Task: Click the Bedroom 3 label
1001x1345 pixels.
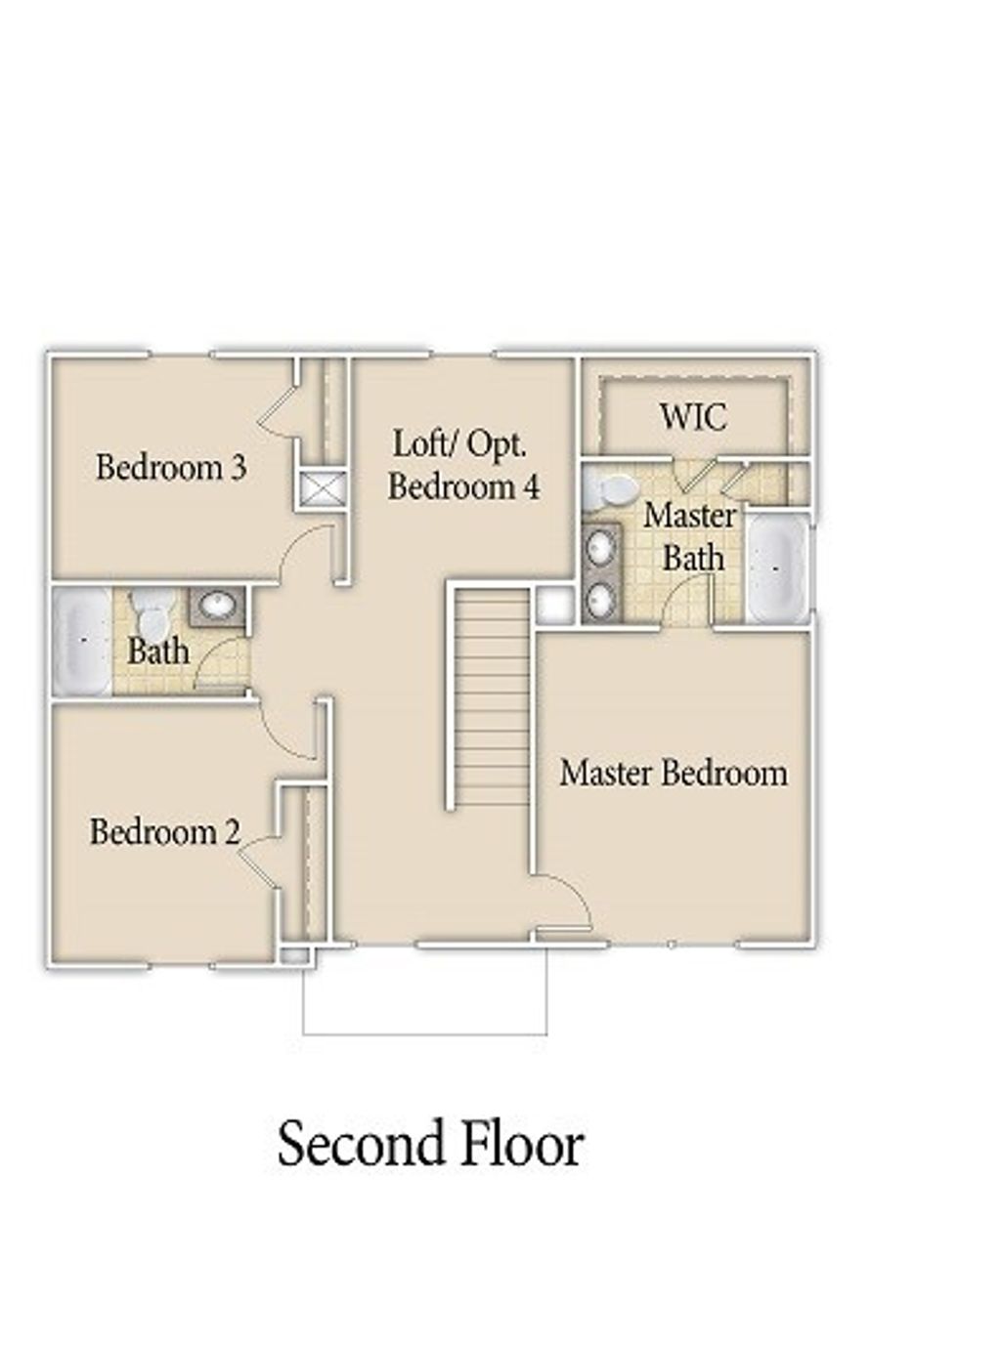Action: pos(171,468)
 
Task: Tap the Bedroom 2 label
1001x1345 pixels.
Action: pos(164,832)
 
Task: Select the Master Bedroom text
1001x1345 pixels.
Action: pos(674,773)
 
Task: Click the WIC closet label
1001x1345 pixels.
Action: pos(693,417)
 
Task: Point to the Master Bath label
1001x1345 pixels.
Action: pos(691,536)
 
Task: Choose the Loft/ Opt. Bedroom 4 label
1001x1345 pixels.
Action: pos(463,465)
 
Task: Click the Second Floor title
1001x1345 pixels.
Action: pos(430,1144)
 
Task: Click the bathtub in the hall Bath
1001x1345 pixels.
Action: pos(81,641)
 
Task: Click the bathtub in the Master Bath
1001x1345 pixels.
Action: pos(777,567)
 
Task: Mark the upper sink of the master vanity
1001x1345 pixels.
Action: pos(601,547)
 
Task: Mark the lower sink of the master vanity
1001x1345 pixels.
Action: pos(601,597)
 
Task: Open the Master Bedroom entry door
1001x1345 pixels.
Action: pos(565,904)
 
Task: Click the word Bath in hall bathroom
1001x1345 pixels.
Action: pos(158,651)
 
